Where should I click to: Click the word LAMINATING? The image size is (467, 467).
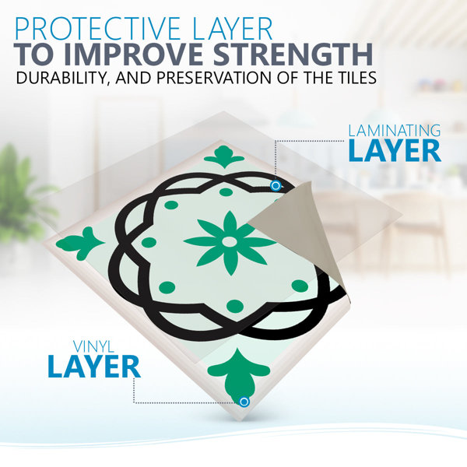[x=395, y=131]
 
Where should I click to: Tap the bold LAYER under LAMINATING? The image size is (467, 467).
[x=395, y=151]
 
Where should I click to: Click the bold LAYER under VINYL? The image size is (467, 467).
[x=94, y=367]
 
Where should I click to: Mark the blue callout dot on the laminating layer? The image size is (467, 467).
[x=276, y=186]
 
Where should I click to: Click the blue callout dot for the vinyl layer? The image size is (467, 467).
[x=244, y=402]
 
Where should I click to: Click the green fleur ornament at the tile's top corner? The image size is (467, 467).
[x=224, y=156]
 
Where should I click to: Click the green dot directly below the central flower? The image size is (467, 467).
[x=235, y=306]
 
